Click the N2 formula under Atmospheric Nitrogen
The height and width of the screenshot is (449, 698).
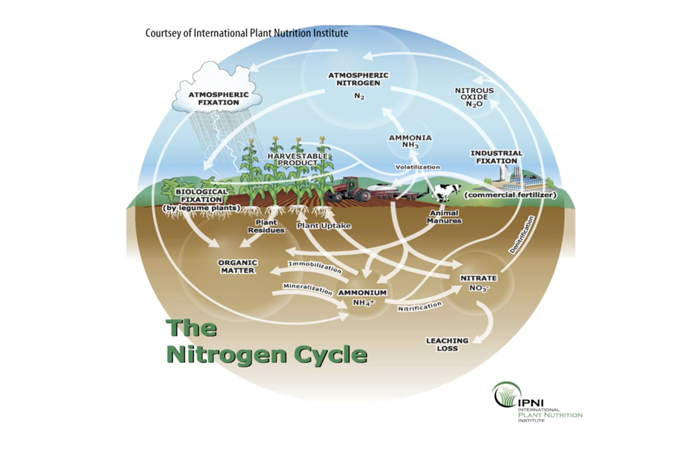tap(359, 97)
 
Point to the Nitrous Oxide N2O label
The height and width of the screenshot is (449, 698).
tap(474, 97)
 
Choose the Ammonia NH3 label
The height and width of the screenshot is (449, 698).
tap(410, 141)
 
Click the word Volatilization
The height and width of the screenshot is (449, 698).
tap(417, 167)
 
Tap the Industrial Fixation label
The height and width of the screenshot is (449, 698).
tap(497, 157)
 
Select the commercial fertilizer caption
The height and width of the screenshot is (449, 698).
tap(510, 195)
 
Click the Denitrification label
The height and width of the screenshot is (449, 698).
tap(522, 234)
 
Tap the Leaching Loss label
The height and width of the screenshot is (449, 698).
tap(447, 344)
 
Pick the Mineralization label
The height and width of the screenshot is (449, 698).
tap(308, 289)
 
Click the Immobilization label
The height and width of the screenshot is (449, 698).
tap(315, 267)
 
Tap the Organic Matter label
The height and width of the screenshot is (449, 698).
tap(238, 266)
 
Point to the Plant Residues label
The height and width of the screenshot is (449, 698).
tap(266, 226)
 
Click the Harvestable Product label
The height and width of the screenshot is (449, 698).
tap(297, 160)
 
